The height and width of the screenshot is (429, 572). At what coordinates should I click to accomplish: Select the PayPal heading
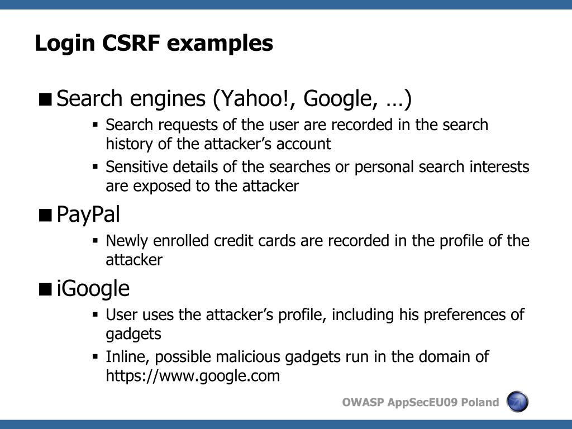click(88, 214)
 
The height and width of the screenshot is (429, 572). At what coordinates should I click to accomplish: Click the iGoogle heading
click(93, 289)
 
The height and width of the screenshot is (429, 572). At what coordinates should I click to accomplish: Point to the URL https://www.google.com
click(193, 376)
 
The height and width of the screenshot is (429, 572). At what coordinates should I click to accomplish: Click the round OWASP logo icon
click(517, 402)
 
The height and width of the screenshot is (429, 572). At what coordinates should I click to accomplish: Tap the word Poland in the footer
click(480, 403)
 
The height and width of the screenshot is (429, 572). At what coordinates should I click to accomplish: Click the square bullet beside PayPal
click(46, 215)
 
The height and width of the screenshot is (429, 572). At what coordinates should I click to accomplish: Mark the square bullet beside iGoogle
click(46, 289)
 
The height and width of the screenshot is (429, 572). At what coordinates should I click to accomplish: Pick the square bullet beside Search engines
click(46, 99)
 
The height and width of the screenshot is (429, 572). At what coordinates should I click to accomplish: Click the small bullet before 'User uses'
click(96, 315)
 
